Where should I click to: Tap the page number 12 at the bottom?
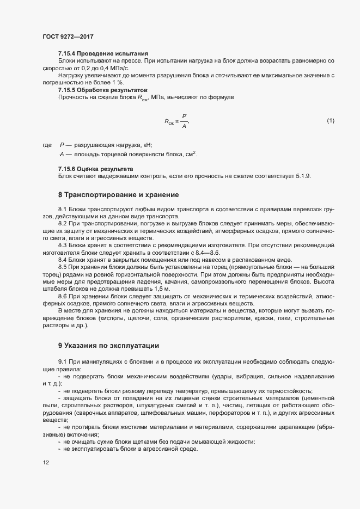(x=45, y=463)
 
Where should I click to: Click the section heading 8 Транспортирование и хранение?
(x=118, y=194)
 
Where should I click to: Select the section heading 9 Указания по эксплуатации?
(x=109, y=345)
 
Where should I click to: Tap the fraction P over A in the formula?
(x=184, y=120)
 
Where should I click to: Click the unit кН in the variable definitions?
(x=148, y=145)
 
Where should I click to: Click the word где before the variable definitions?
(x=47, y=145)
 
